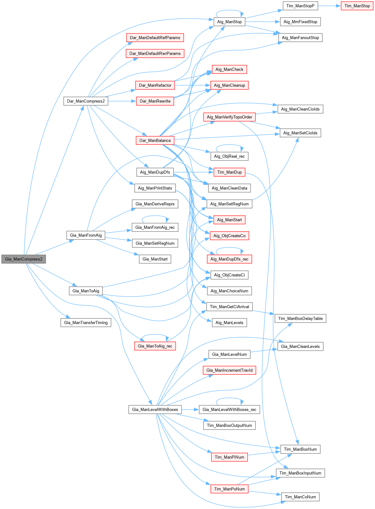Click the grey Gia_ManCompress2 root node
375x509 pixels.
tap(24, 259)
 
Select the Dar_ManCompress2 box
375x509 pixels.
tap(86, 101)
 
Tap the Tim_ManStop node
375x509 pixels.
tap(357, 6)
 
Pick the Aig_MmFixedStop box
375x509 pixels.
tap(300, 22)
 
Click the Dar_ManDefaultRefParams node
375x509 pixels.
tap(155, 38)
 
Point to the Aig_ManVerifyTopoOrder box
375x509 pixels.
tap(229, 117)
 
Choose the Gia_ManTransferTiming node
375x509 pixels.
tap(86, 323)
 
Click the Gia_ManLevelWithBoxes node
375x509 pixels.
tap(155, 409)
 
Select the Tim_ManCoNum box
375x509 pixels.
tap(300, 497)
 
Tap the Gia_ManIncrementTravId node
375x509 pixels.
tap(229, 370)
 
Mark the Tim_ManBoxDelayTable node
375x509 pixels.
tap(300, 318)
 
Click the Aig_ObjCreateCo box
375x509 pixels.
tap(229, 236)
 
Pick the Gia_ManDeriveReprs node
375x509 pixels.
tap(155, 204)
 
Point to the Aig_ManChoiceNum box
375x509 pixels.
tap(229, 291)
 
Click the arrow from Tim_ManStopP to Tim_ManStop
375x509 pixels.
tap(329, 6)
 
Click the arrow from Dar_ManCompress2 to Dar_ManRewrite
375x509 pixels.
tap(122, 101)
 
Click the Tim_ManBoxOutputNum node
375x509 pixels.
tap(229, 425)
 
